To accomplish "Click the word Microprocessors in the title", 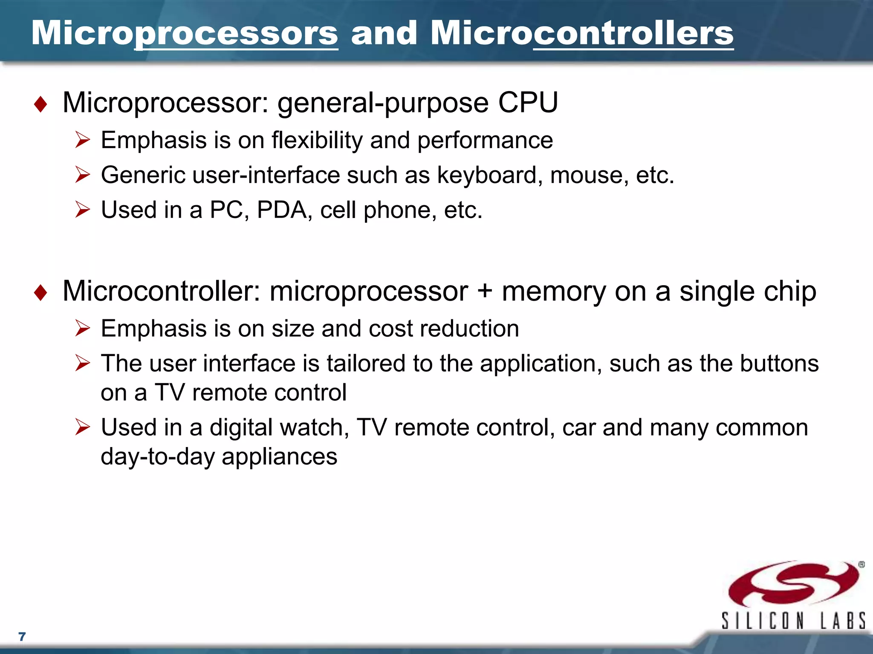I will [185, 33].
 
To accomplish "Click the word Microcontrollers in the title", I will [582, 33].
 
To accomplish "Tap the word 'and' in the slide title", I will [384, 33].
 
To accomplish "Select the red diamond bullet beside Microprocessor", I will [40, 104].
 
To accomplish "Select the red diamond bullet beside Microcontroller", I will [40, 293].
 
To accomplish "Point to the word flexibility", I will [317, 140].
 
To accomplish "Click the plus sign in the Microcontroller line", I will [485, 292].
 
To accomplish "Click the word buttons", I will [779, 364].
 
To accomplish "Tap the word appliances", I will [279, 457].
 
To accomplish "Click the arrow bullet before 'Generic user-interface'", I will [82, 175].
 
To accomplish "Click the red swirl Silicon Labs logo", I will [793, 584].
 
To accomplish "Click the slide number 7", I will [22, 637].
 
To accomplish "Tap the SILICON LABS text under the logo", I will [793, 621].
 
